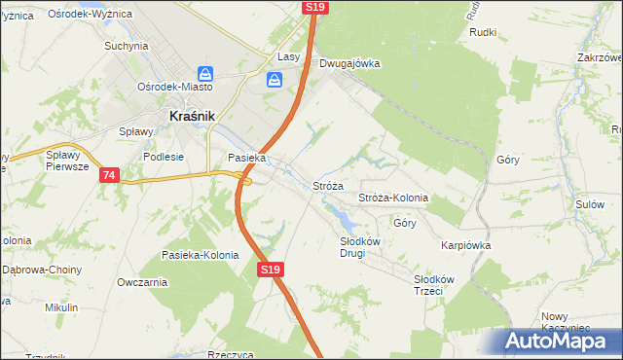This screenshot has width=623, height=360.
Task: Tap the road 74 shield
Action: [x=108, y=175]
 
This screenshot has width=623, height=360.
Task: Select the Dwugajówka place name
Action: [x=348, y=64]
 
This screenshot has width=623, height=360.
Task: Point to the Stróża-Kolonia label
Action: [x=393, y=198]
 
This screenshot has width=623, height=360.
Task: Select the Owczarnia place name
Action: [x=141, y=282]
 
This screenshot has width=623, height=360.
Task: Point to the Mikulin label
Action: [x=61, y=307]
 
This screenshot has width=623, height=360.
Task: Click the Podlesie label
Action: [x=164, y=157]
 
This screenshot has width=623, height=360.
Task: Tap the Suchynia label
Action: [x=126, y=46]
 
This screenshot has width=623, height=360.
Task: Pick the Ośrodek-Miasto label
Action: [x=175, y=87]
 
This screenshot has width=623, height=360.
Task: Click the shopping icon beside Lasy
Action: [x=275, y=80]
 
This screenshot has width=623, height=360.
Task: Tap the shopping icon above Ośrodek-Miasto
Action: [x=204, y=73]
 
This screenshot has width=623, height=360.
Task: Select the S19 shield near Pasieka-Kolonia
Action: [x=271, y=270]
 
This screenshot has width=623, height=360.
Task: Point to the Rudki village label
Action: [x=483, y=32]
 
